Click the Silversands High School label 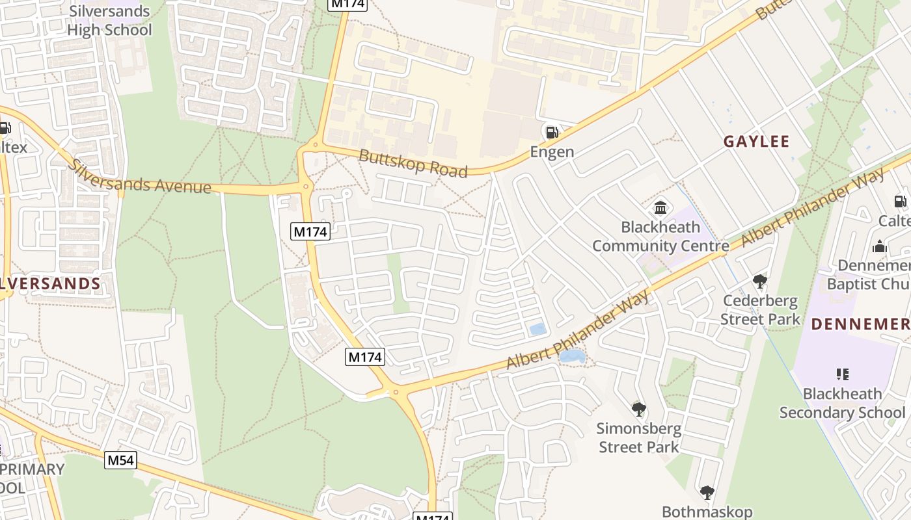109,21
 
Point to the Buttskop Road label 413,163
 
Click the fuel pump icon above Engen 552,133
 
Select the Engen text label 552,152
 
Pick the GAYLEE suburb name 756,142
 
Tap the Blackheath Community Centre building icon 660,208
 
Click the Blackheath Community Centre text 660,237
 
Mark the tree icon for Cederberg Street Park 759,281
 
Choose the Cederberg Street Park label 760,310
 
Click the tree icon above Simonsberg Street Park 639,409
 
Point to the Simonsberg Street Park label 639,438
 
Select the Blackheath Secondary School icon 843,374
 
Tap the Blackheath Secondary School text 842,403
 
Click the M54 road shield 121,461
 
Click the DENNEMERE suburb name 860,324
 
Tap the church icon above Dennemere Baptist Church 880,246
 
